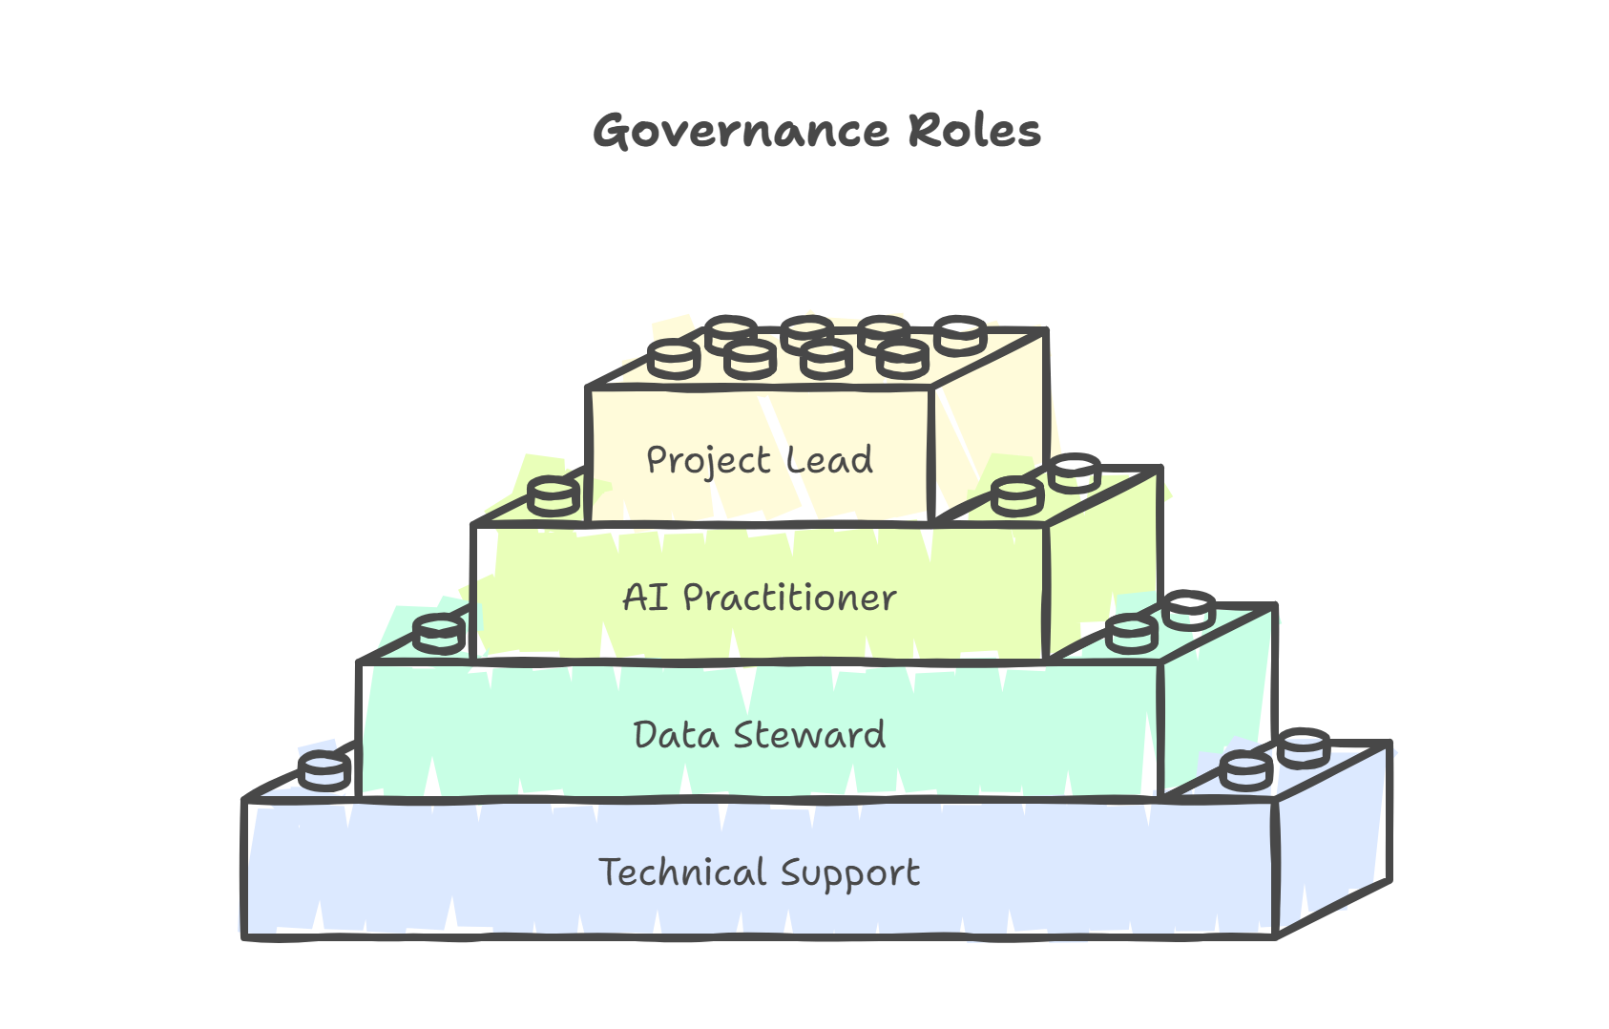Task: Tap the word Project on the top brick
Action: point(707,460)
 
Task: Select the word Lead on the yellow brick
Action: point(829,460)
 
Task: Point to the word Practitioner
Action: point(789,598)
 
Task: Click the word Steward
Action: point(810,735)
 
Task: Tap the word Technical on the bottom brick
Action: point(681,872)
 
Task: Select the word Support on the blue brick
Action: point(849,873)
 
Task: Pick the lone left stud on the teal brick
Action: point(439,633)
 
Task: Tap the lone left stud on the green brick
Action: point(554,496)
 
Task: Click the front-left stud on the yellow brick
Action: point(674,359)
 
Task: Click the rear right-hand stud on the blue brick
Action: point(1304,745)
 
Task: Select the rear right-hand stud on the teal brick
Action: point(1189,609)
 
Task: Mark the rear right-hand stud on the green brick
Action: point(1075,472)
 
